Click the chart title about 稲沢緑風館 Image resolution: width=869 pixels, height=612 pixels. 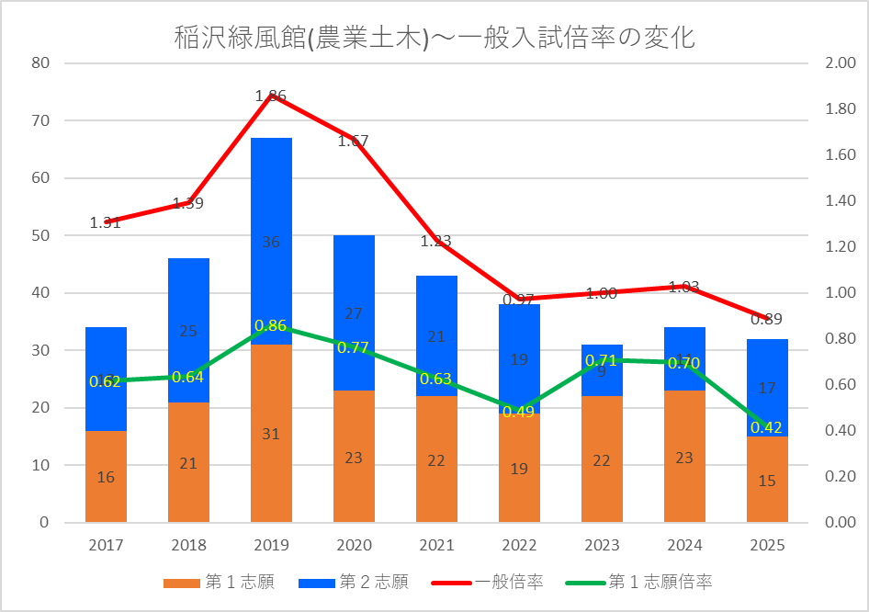pyautogui.click(x=434, y=39)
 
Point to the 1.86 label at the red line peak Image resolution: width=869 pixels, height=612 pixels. pyautogui.click(x=271, y=96)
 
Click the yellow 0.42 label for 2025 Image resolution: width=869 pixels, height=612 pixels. pyautogui.click(x=767, y=427)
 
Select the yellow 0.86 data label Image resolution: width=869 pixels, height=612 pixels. pyautogui.click(x=271, y=325)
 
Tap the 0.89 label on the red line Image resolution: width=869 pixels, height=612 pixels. pyautogui.click(x=767, y=320)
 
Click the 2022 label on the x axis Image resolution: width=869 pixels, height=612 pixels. pyautogui.click(x=519, y=545)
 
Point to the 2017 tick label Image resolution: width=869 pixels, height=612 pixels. pyautogui.click(x=106, y=545)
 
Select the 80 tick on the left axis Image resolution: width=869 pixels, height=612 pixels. pyautogui.click(x=39, y=63)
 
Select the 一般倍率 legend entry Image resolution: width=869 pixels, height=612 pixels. pyautogui.click(x=508, y=582)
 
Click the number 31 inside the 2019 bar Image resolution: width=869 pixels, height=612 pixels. pyautogui.click(x=271, y=434)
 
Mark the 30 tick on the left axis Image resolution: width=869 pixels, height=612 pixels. pyautogui.click(x=39, y=350)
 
